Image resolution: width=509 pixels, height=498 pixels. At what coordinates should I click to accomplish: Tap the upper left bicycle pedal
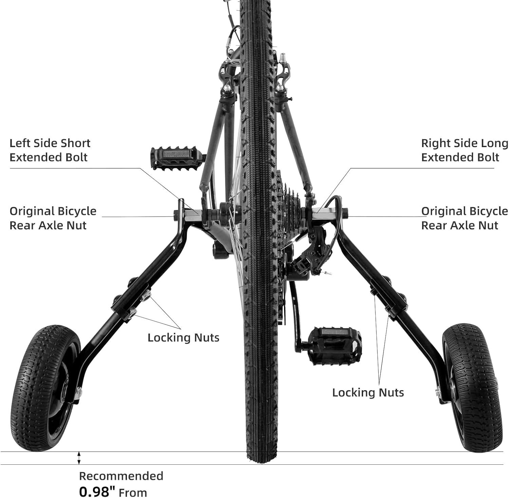point(176,157)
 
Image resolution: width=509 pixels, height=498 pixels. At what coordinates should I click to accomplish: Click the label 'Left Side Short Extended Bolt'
point(50,150)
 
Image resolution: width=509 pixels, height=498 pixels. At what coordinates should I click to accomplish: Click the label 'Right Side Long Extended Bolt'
point(464,150)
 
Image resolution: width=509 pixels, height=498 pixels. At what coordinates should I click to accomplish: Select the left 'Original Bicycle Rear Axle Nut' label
point(53,218)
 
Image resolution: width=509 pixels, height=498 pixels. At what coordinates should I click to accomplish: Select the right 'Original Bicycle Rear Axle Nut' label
point(464,218)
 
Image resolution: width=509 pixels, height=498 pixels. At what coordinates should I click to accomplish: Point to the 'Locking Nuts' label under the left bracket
point(183,338)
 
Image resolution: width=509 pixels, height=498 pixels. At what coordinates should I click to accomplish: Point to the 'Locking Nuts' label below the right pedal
point(368,393)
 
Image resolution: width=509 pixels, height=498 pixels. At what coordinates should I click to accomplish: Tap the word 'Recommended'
point(121,476)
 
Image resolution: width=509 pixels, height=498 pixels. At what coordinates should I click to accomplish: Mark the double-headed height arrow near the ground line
point(79,458)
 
